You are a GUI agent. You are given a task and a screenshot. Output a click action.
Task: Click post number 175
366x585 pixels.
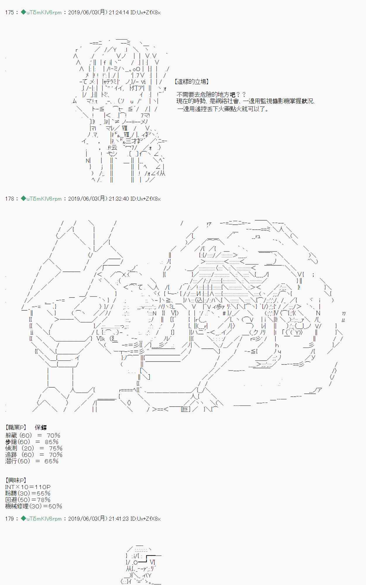pyautogui.click(x=9, y=13)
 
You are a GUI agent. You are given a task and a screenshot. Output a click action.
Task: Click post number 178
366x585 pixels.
pyautogui.click(x=9, y=199)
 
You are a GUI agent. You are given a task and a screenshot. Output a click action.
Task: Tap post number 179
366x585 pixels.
pyautogui.click(x=9, y=519)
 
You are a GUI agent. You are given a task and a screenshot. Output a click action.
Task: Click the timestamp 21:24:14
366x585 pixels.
pyautogui.click(x=118, y=13)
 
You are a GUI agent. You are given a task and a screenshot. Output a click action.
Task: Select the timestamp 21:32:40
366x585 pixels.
pyautogui.click(x=118, y=199)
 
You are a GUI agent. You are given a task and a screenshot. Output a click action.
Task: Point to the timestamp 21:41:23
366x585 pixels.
pyautogui.click(x=118, y=519)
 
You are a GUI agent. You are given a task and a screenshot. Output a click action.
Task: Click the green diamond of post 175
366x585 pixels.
pyautogui.click(x=23, y=12)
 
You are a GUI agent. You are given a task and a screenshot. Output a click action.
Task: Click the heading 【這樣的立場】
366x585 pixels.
pyautogui.click(x=191, y=82)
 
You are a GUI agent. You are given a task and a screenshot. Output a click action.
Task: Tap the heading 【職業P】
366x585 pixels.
pyautogui.click(x=16, y=428)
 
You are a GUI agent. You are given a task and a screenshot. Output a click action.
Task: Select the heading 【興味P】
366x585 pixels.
pyautogui.click(x=16, y=480)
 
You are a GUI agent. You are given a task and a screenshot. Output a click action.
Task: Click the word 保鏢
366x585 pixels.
pyautogui.click(x=41, y=428)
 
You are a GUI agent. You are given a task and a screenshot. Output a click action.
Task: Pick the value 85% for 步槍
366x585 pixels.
pyautogui.click(x=52, y=442)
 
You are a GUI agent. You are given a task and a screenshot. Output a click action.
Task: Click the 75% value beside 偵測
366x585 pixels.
pyautogui.click(x=56, y=448)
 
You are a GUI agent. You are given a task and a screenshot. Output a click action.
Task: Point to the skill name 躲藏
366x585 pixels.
pyautogui.click(x=11, y=436)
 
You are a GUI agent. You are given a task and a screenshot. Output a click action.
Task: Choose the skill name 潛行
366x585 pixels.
pyautogui.click(x=11, y=461)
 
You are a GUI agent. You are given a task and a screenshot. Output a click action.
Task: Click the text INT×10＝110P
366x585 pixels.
pyautogui.click(x=28, y=487)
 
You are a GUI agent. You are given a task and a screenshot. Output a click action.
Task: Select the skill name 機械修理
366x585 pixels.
pyautogui.click(x=17, y=506)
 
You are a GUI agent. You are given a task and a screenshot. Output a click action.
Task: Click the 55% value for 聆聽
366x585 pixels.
pyautogui.click(x=43, y=493)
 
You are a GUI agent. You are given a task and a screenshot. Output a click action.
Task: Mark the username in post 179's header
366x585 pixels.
pyautogui.click(x=44, y=519)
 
